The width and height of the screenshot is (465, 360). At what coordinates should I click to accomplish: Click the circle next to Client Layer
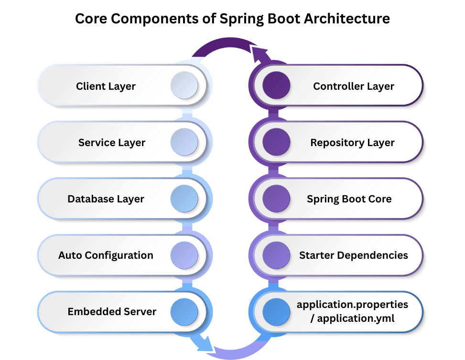point(184,85)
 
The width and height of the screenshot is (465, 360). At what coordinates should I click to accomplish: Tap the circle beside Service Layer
point(184,142)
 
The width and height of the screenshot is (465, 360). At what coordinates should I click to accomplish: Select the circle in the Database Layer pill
point(184,198)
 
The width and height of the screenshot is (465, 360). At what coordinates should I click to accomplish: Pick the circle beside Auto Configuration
point(184,254)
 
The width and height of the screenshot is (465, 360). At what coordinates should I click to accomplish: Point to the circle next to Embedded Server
point(184,311)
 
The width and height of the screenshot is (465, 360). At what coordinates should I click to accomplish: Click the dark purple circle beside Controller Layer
point(277,85)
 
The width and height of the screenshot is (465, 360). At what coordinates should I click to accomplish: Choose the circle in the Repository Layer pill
point(277,142)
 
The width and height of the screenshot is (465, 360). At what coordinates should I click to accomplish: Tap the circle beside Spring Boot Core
point(277,198)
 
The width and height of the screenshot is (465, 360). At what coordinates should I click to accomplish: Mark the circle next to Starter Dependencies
point(277,254)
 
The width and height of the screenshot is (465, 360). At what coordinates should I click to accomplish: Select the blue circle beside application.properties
point(277,311)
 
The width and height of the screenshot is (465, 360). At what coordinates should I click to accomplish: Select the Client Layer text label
point(106,86)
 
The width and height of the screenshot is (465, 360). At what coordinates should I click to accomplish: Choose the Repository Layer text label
point(352,143)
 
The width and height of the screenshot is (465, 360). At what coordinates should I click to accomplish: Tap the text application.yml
point(356,318)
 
